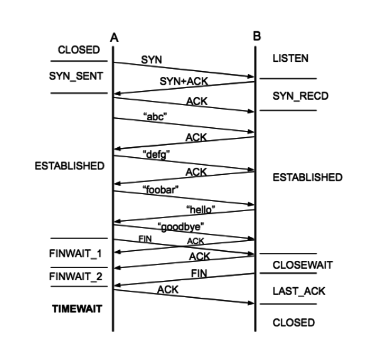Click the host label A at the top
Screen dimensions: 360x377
(114, 37)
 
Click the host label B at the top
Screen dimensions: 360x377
(257, 37)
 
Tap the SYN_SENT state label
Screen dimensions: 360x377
(76, 75)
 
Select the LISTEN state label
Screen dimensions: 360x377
(290, 59)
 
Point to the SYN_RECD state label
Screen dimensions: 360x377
(293, 96)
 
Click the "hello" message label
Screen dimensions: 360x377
(201, 210)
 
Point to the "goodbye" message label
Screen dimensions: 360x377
(181, 226)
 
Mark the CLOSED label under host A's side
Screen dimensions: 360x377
(79, 50)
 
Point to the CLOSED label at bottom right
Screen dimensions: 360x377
(294, 323)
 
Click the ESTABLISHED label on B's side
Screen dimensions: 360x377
(307, 177)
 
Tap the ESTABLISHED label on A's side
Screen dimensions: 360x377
(69, 166)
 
